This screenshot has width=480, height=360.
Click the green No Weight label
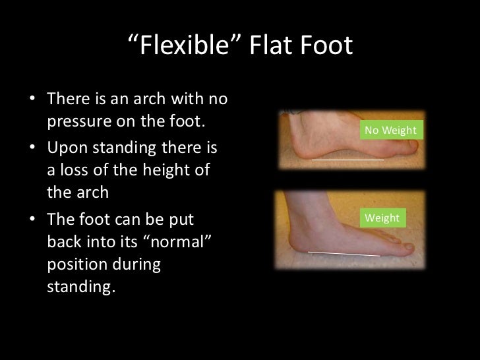click(390, 131)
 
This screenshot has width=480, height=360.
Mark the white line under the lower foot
click(344, 253)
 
